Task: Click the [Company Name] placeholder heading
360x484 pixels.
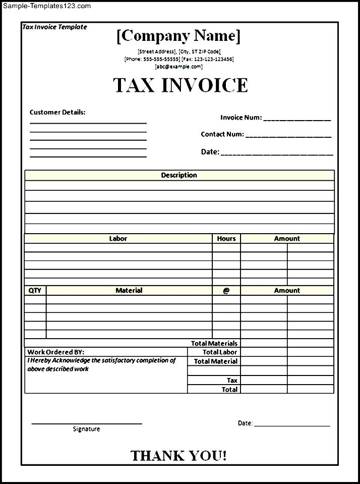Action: coord(178,36)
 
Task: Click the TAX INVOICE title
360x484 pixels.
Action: coord(181,85)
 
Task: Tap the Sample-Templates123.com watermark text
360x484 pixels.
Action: coord(46,6)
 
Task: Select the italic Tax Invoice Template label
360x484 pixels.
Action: coord(54,27)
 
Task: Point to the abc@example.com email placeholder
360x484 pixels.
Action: coord(178,66)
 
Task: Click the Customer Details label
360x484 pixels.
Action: coord(57,112)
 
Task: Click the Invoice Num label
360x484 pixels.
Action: coord(241,118)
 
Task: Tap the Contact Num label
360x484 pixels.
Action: coord(222,134)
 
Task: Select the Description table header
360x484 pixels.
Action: coord(179,175)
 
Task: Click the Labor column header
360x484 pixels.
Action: coord(118,238)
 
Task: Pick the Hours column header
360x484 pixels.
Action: coord(226,238)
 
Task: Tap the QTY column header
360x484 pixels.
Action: coord(35,290)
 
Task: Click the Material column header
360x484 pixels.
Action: coord(129,290)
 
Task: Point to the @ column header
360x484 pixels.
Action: coord(226,291)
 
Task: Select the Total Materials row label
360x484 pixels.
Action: coord(214,343)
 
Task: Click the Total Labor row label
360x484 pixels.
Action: coord(220,352)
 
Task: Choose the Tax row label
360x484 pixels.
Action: coord(232,380)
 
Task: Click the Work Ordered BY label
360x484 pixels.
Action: coord(56,352)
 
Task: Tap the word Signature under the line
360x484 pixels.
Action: coord(86,429)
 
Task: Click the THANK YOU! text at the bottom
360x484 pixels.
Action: coord(178,456)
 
